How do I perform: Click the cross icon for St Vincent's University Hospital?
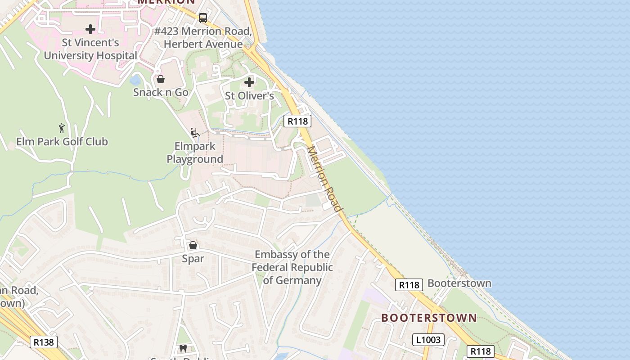90,29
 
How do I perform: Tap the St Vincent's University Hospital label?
90,49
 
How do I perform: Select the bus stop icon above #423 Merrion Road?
203,18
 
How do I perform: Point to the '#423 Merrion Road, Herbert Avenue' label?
203,37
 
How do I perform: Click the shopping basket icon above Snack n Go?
161,79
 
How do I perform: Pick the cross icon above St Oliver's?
249,82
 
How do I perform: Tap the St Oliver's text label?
249,96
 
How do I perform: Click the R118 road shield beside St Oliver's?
297,121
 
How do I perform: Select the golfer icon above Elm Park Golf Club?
62,128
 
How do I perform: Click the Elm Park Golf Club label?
62,141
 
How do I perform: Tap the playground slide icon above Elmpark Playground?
195,133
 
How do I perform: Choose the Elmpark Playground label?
195,153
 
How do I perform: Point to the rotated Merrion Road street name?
324,179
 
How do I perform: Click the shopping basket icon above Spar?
193,245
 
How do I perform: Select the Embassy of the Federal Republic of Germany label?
292,267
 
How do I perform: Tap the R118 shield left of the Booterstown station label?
409,285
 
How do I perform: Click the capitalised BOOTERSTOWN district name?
429,318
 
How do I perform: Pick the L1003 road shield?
428,340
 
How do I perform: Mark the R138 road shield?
44,342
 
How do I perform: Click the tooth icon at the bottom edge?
183,348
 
